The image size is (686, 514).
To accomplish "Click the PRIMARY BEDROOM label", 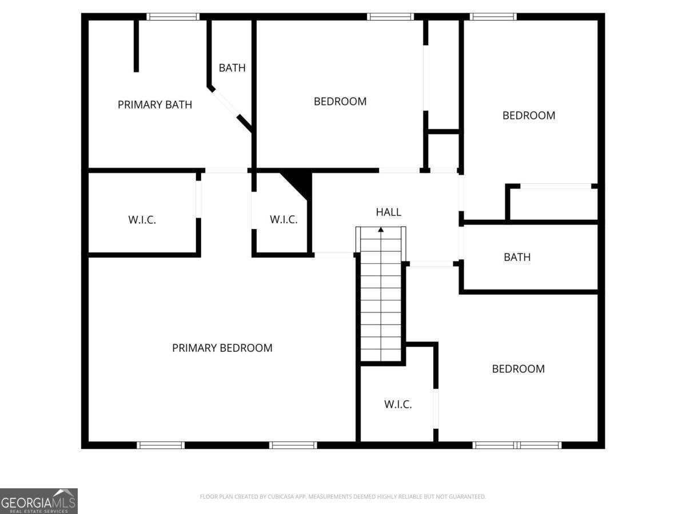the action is [x=222, y=348].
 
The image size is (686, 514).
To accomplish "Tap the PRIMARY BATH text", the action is [x=155, y=105].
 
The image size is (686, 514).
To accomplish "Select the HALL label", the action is [x=389, y=212].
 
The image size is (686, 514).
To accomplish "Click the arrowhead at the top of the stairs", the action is [x=381, y=230].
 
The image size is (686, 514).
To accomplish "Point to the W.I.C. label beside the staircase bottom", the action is [x=398, y=404].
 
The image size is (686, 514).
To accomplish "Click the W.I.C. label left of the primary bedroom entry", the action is [x=142, y=220].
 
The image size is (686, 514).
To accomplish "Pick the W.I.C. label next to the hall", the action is [x=284, y=219].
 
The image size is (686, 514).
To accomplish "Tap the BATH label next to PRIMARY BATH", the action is [x=232, y=68].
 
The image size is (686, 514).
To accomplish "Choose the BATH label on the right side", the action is [x=517, y=257].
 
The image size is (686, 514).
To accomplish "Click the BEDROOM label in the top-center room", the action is [x=340, y=102].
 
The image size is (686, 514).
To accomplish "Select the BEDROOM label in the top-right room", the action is [x=529, y=115].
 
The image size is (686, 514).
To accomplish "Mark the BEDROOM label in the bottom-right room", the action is [x=518, y=369].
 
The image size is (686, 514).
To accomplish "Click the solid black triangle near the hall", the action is [x=300, y=183].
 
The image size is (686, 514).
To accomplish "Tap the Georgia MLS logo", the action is [x=38, y=501].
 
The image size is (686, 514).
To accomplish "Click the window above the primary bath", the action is [x=173, y=17].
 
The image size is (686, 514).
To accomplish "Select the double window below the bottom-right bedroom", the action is [x=517, y=445].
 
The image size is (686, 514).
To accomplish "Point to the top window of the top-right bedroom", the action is [x=493, y=17].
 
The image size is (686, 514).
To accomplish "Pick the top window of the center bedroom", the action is [x=390, y=17].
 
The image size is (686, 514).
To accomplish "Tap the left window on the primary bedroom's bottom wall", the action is [x=161, y=445].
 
